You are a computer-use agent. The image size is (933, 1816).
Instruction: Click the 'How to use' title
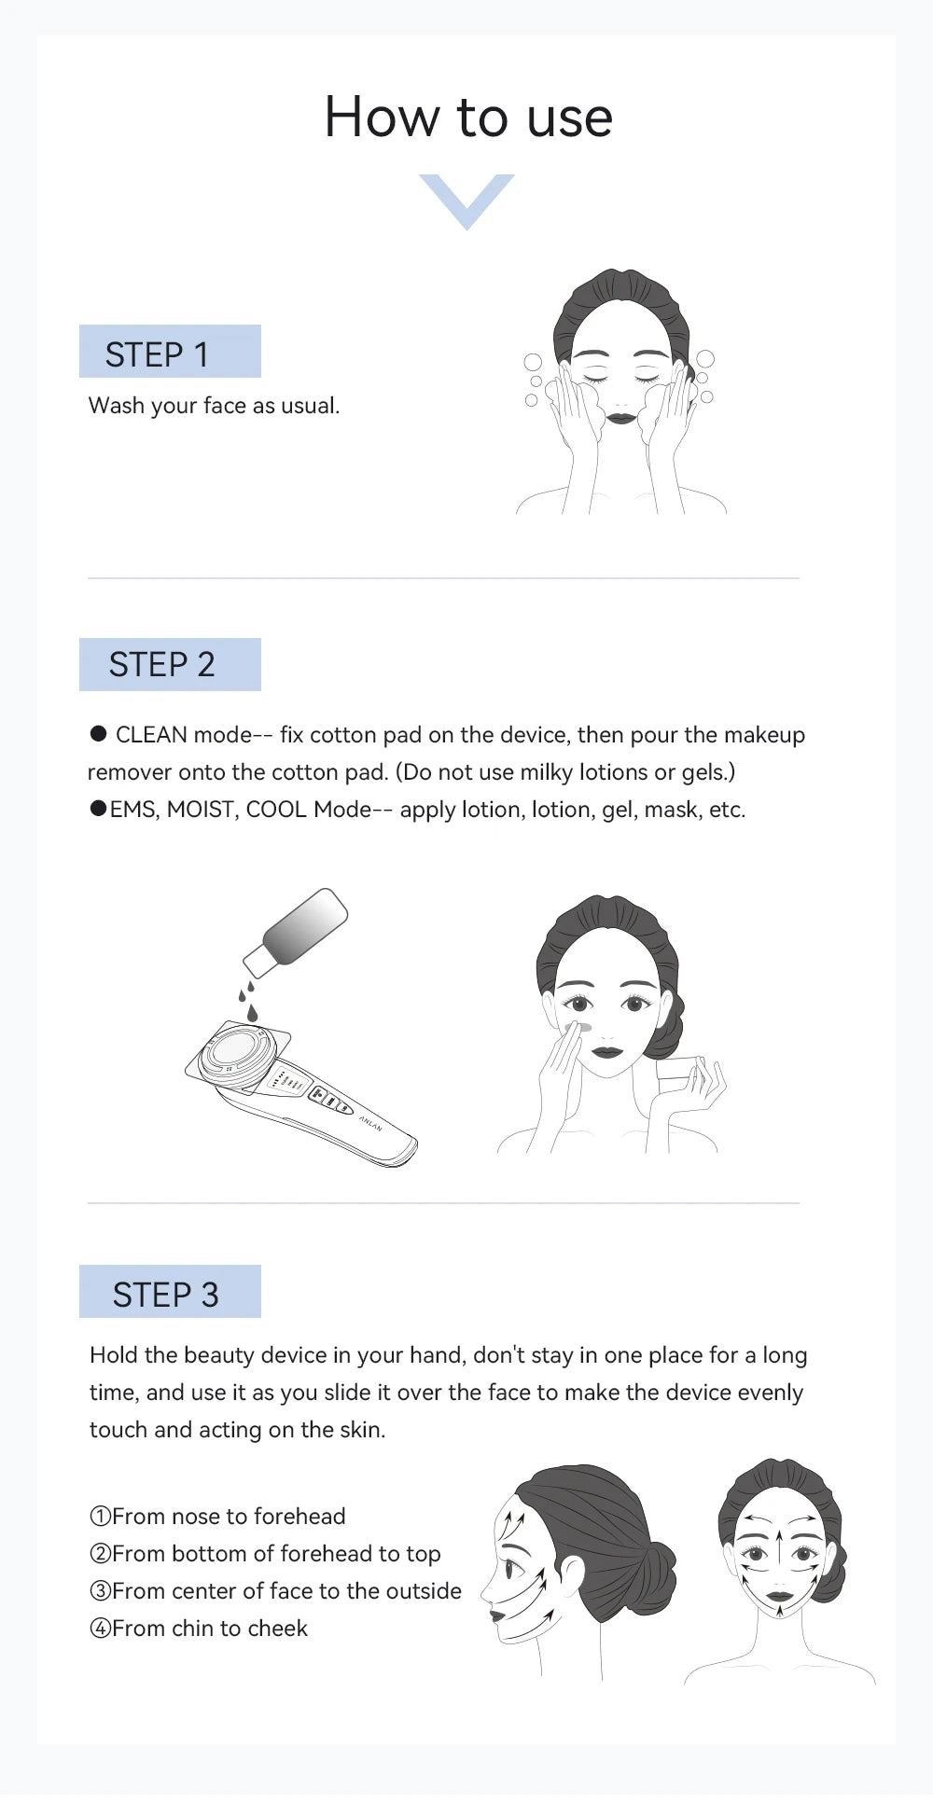(467, 118)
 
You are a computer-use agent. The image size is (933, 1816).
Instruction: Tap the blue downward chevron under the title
(466, 199)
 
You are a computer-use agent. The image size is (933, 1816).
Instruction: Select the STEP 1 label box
(170, 352)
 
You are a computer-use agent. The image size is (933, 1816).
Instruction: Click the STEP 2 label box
(170, 665)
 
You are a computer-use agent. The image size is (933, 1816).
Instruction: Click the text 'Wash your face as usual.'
(214, 406)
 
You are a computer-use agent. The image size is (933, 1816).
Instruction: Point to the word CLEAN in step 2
(151, 735)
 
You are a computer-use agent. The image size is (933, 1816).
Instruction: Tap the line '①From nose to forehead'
(217, 1517)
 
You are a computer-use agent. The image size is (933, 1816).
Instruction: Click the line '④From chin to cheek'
(199, 1629)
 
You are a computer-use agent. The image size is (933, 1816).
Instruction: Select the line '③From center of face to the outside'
(275, 1591)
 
